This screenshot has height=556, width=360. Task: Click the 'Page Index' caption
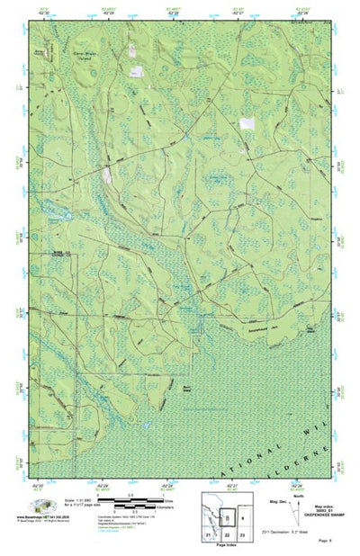tap(226, 547)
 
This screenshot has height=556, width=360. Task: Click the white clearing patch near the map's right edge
tap(245, 124)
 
